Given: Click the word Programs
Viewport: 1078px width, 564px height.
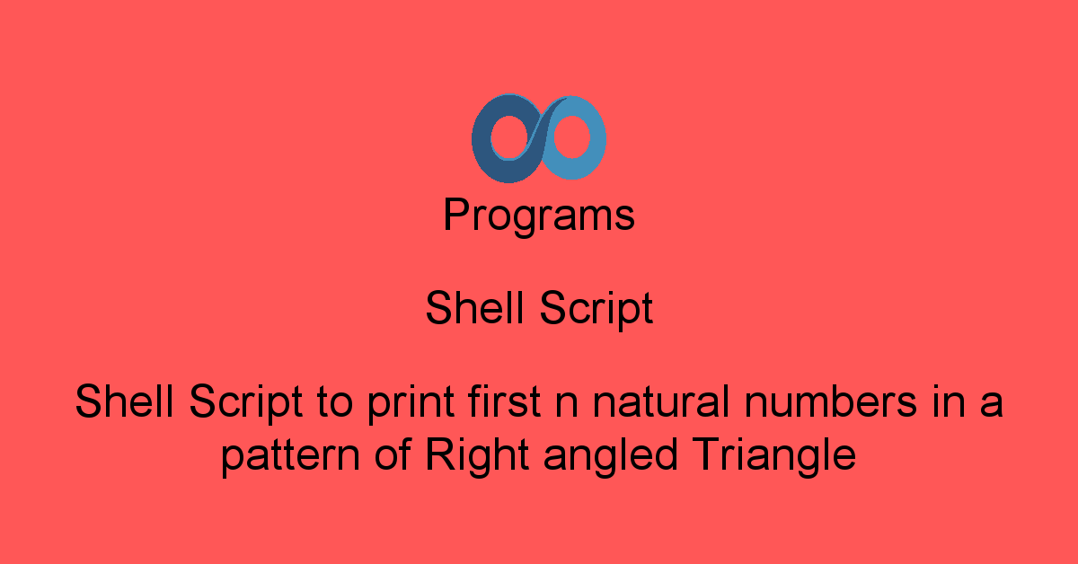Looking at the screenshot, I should tap(539, 216).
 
